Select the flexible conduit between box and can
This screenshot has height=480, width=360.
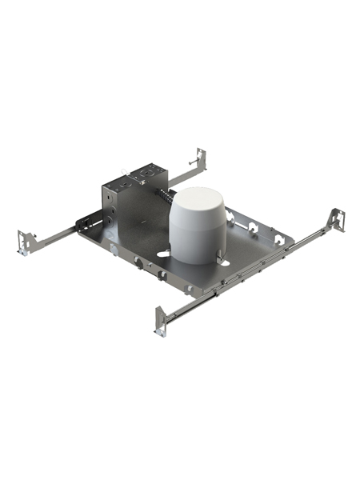point(165,195)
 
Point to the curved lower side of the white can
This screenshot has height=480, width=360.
point(196,240)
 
